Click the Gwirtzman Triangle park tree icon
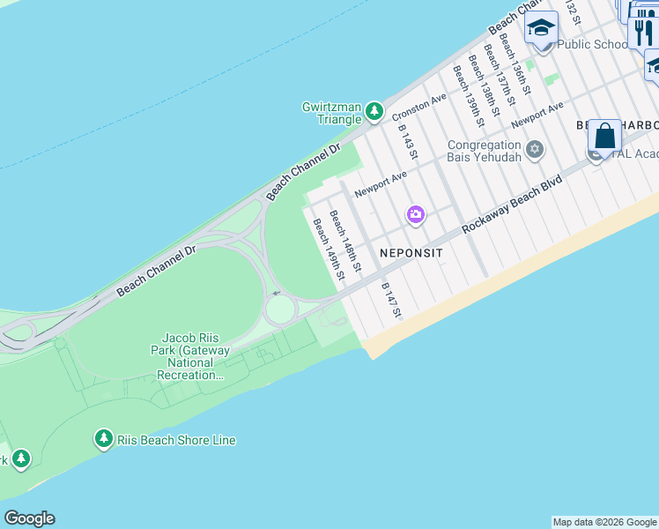(375, 111)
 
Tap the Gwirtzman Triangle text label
(332, 113)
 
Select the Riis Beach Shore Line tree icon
(104, 439)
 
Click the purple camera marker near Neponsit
(415, 214)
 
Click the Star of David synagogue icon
(534, 150)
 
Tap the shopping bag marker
(604, 137)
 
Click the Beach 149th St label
(328, 250)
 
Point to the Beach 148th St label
(345, 240)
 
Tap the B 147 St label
(391, 300)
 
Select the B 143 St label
(407, 141)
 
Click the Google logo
(29, 518)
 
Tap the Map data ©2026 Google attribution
(604, 522)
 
